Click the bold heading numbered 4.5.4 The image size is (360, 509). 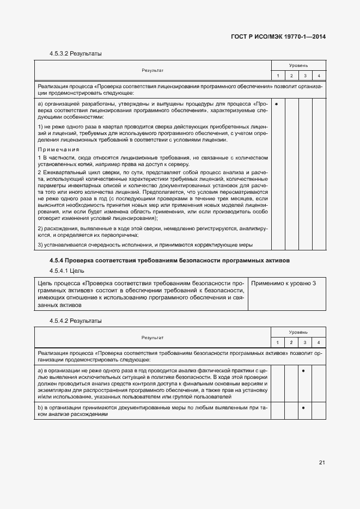tap(169, 261)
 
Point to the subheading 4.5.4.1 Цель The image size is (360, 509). tap(66, 271)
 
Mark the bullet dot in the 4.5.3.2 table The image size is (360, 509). tap(277, 103)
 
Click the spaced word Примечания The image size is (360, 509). tap(59, 149)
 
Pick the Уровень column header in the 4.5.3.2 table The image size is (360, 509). tap(298, 65)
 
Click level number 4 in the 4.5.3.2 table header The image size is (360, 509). tap(319, 75)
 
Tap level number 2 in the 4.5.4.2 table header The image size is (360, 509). tap(291, 342)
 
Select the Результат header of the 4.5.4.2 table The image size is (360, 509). tap(152, 337)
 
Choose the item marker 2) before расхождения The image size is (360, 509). tap(40, 228)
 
